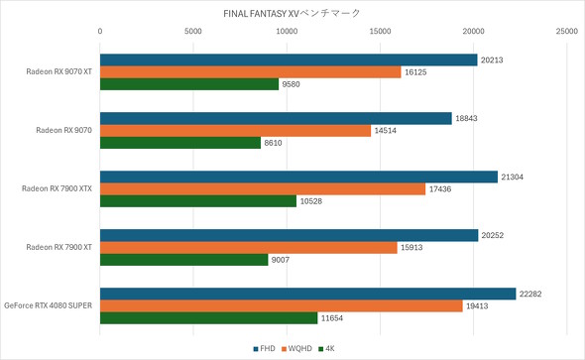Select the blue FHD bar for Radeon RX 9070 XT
(289, 59)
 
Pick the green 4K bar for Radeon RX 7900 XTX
(198, 201)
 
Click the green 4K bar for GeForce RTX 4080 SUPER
(209, 318)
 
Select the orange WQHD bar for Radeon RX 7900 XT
(249, 247)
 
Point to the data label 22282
(533, 293)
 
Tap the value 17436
(440, 188)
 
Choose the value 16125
(417, 71)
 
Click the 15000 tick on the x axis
(381, 32)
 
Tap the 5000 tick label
(193, 32)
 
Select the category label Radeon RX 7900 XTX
(57, 188)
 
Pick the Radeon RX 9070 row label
(63, 130)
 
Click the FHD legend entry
(264, 348)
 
